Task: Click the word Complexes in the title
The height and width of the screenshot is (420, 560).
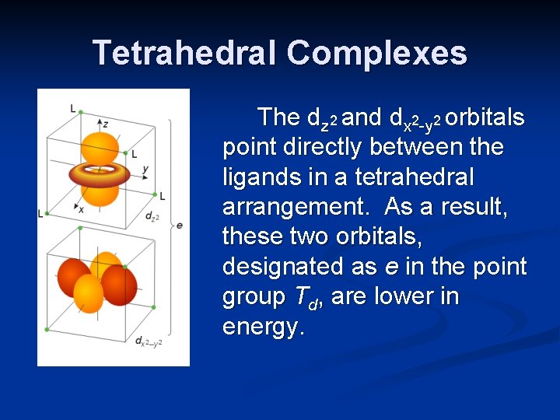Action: coord(376,53)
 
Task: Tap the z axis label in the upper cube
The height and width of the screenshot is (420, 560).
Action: coord(105,124)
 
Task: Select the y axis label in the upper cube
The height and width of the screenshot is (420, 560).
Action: coord(145,169)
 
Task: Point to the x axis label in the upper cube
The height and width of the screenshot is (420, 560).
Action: coord(81,208)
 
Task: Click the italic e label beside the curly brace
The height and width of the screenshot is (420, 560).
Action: coord(180,225)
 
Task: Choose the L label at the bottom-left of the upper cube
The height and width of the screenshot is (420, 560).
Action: coord(40,212)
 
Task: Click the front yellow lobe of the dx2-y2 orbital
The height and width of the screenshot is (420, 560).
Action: coord(89,295)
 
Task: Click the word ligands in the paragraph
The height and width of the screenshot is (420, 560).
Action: coord(258,177)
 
